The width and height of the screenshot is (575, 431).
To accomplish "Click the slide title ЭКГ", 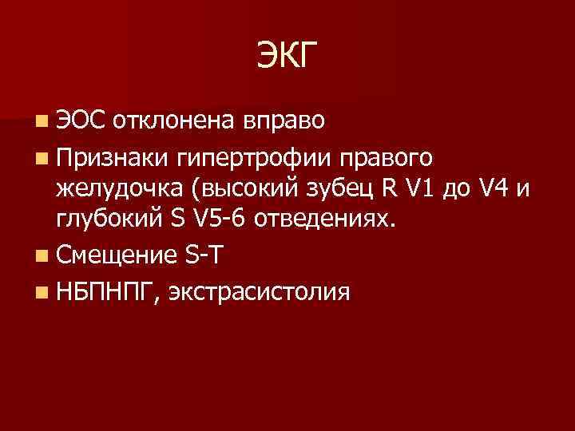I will click(x=287, y=56).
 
